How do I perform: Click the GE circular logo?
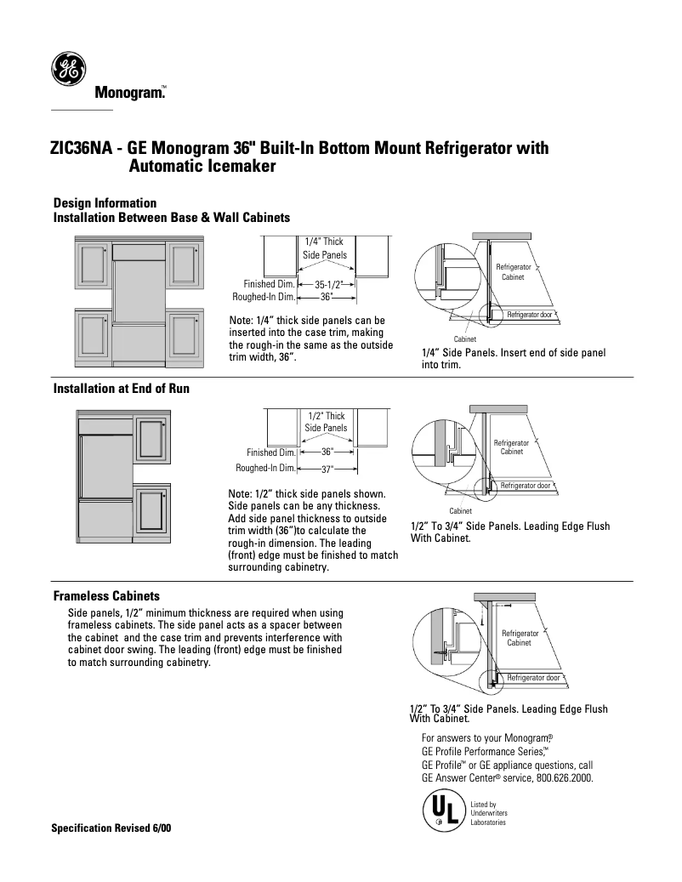click(x=68, y=70)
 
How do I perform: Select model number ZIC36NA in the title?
click(x=82, y=149)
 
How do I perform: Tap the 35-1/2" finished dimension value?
click(x=327, y=284)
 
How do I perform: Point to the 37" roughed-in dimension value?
click(x=327, y=469)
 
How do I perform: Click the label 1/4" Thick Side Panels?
click(x=325, y=248)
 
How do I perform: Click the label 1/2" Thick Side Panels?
click(x=327, y=422)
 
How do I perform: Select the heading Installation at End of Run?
click(x=121, y=389)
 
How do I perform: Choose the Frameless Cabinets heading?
click(x=106, y=596)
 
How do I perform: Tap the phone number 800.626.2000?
click(x=565, y=777)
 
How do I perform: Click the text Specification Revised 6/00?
click(x=111, y=828)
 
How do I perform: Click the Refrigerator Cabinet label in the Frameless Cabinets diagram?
click(x=519, y=638)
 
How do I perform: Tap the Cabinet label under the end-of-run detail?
click(x=460, y=510)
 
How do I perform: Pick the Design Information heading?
click(x=105, y=203)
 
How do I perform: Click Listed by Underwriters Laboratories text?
click(x=489, y=813)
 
